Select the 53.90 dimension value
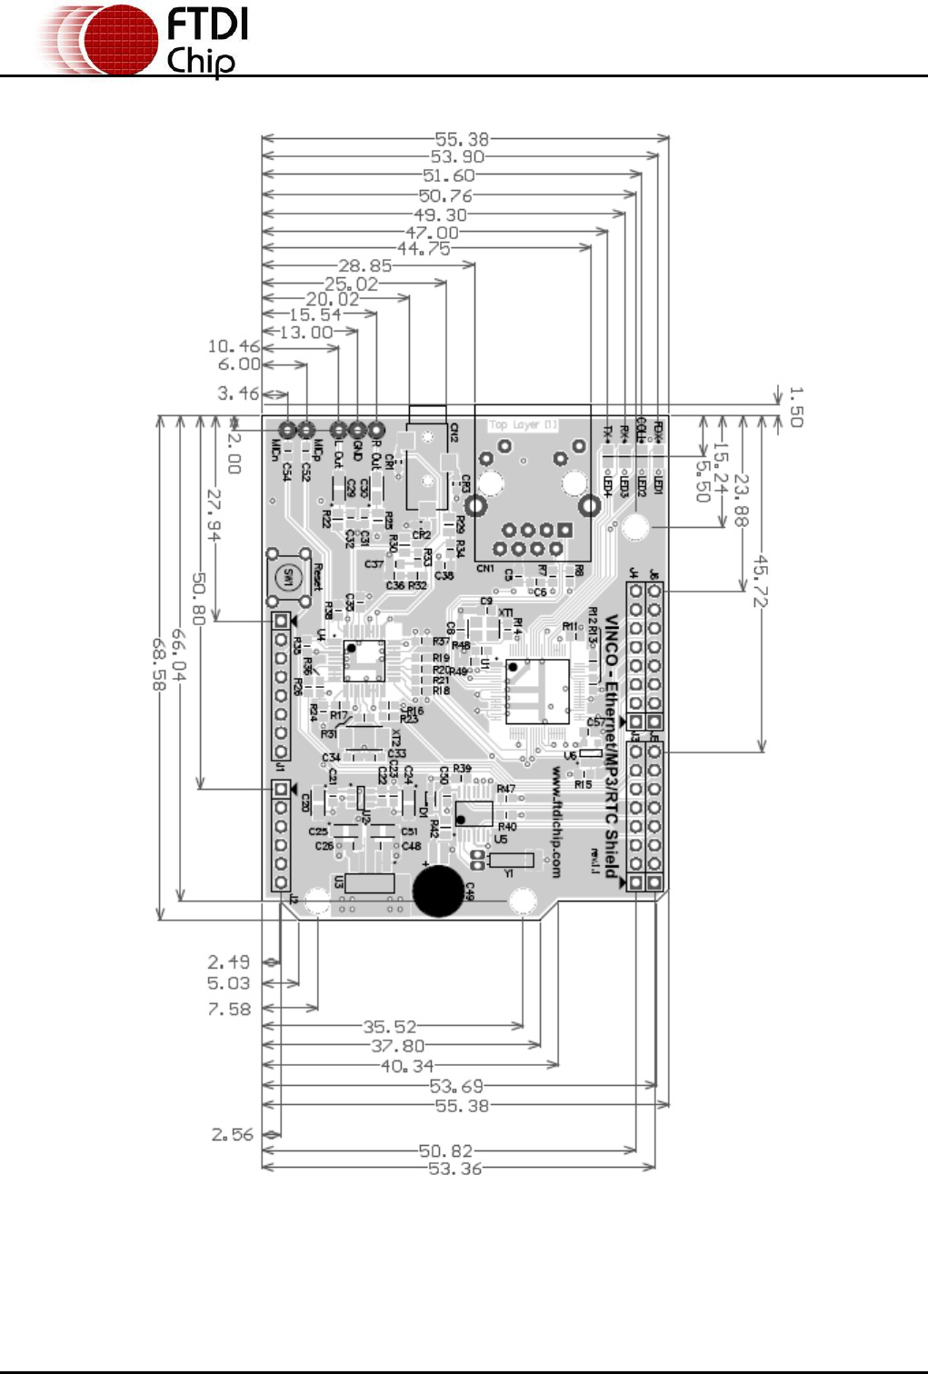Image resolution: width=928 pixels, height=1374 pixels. pyautogui.click(x=457, y=157)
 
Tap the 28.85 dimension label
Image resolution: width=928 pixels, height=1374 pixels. pyautogui.click(x=365, y=266)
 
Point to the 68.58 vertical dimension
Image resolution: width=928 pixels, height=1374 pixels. pyautogui.click(x=159, y=663)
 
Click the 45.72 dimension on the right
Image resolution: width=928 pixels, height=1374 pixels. pyautogui.click(x=761, y=582)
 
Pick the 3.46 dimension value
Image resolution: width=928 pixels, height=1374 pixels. pyautogui.click(x=238, y=393)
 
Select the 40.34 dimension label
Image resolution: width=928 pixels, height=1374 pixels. pyautogui.click(x=407, y=1066)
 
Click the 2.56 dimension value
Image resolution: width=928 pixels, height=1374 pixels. pyautogui.click(x=232, y=1134)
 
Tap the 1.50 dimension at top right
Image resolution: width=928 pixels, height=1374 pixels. pyautogui.click(x=795, y=406)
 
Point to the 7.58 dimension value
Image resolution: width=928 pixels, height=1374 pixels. pyautogui.click(x=229, y=1009)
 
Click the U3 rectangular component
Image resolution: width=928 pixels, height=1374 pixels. pyautogui.click(x=369, y=883)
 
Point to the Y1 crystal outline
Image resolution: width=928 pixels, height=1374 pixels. pyautogui.click(x=511, y=860)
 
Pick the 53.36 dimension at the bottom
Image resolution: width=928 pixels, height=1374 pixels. pyautogui.click(x=454, y=1169)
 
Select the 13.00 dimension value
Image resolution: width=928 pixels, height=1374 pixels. pyautogui.click(x=305, y=333)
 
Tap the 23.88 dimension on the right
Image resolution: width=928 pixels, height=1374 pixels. pyautogui.click(x=742, y=500)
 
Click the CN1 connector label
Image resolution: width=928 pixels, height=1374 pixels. pyautogui.click(x=485, y=569)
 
